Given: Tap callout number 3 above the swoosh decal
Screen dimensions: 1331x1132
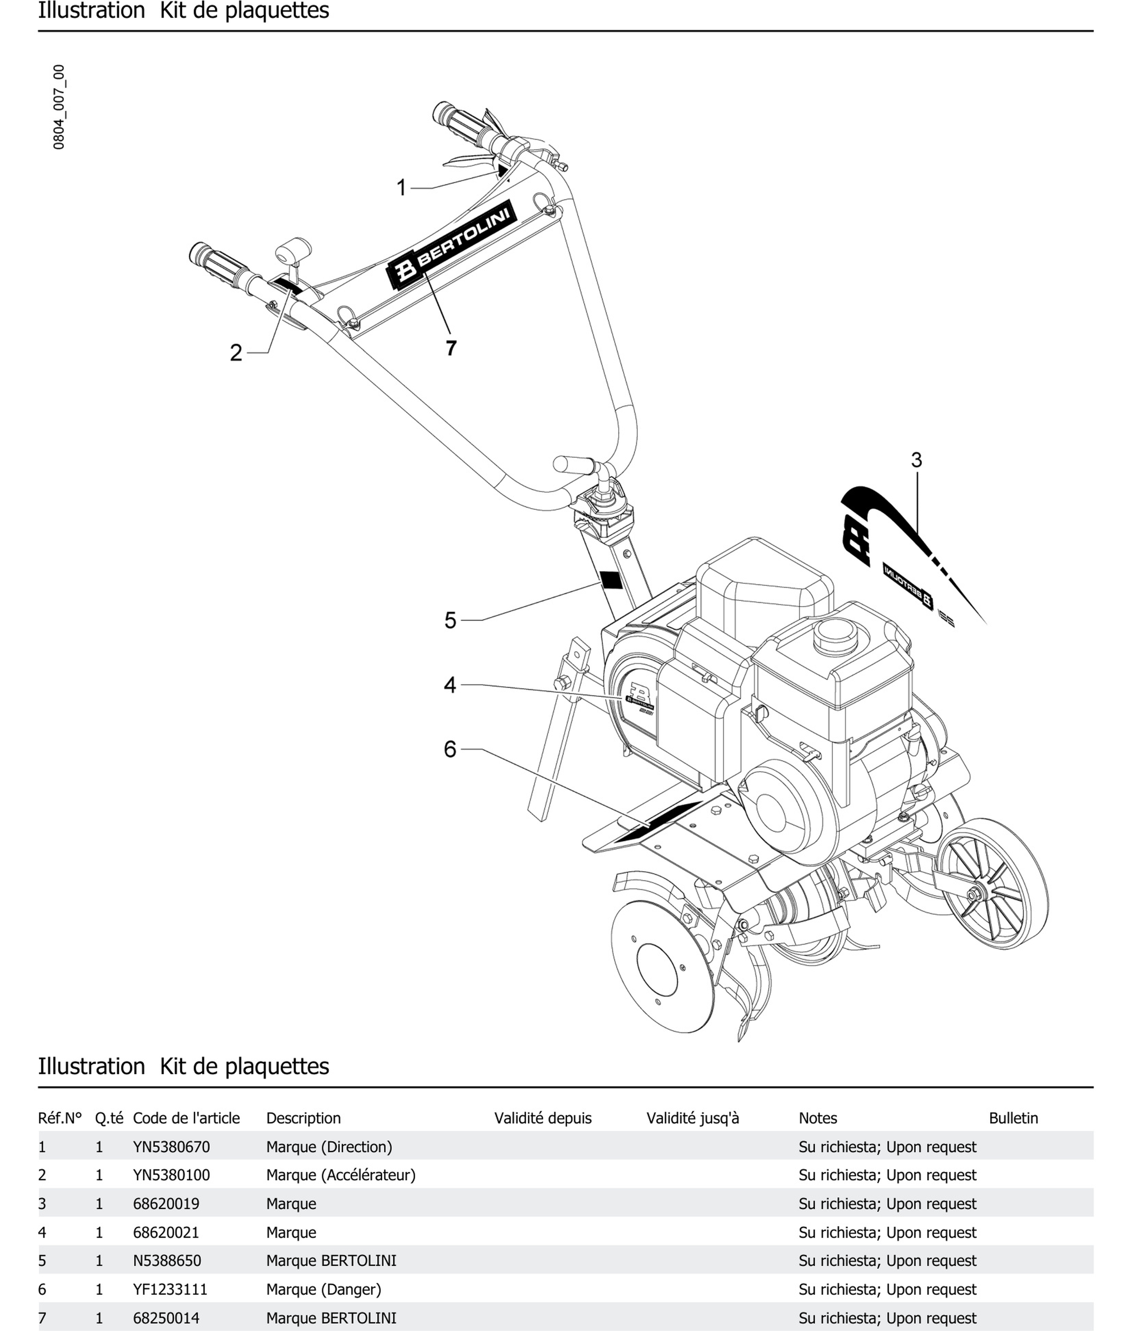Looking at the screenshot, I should click(916, 460).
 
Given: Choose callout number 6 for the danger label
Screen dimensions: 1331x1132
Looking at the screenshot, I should click(450, 749).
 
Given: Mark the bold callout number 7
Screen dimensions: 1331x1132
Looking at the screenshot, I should click(451, 348).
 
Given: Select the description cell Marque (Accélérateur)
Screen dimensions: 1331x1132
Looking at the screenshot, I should click(341, 1175).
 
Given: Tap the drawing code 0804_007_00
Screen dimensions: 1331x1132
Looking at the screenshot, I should click(59, 107).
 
